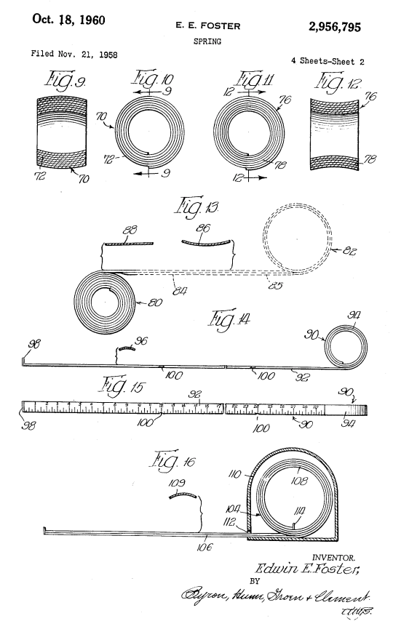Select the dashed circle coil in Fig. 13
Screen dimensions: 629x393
click(x=300, y=246)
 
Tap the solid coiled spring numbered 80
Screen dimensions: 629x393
click(x=105, y=301)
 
